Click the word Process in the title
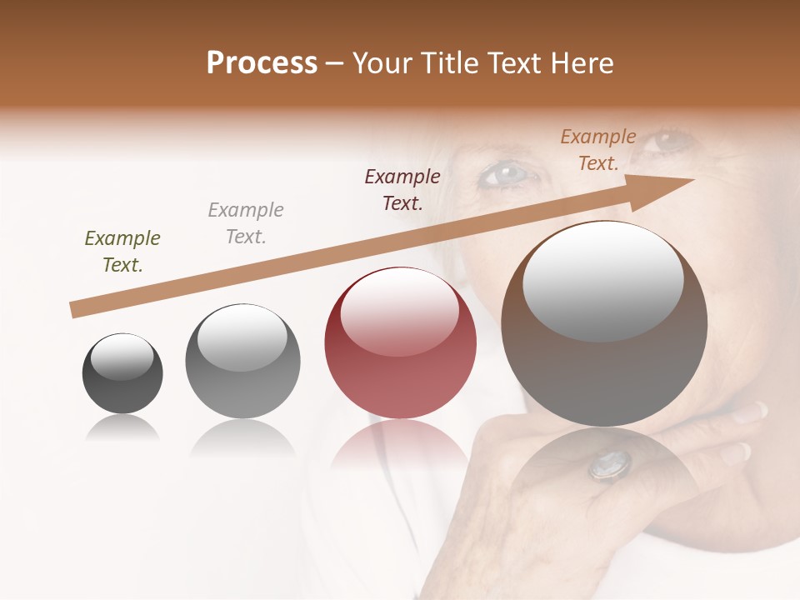[262, 63]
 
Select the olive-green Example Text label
[122, 252]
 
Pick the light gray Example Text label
[246, 223]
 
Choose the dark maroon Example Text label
[402, 190]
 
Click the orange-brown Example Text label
[598, 150]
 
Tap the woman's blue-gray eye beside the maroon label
[506, 174]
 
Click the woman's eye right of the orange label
[672, 140]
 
